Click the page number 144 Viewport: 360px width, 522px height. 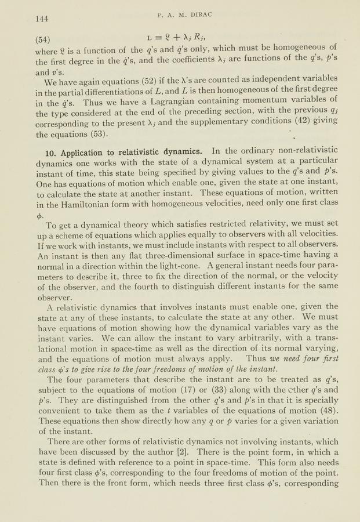tap(41, 19)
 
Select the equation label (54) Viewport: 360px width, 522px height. tap(42, 40)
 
